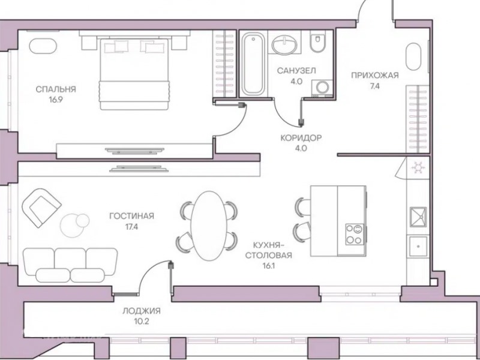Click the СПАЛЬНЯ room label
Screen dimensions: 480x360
56,89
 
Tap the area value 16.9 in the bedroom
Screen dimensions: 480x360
56,100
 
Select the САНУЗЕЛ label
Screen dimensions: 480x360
296,71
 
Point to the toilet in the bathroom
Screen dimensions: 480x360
318,41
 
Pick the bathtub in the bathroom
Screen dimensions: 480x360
253,64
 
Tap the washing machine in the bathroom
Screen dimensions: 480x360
322,88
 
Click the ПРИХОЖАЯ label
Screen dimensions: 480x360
374,76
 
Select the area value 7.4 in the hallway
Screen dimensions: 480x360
374,86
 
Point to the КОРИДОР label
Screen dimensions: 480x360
301,138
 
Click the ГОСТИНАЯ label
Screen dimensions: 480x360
131,216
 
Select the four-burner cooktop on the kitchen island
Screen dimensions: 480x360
355,234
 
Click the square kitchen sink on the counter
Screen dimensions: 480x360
418,217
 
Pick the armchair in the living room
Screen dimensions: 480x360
41,208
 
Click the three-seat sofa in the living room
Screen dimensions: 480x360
70,265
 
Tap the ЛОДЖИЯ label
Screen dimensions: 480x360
142,311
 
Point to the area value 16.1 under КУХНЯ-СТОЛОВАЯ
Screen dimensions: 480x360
268,266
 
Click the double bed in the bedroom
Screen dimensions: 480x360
134,73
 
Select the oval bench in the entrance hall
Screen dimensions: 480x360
413,56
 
